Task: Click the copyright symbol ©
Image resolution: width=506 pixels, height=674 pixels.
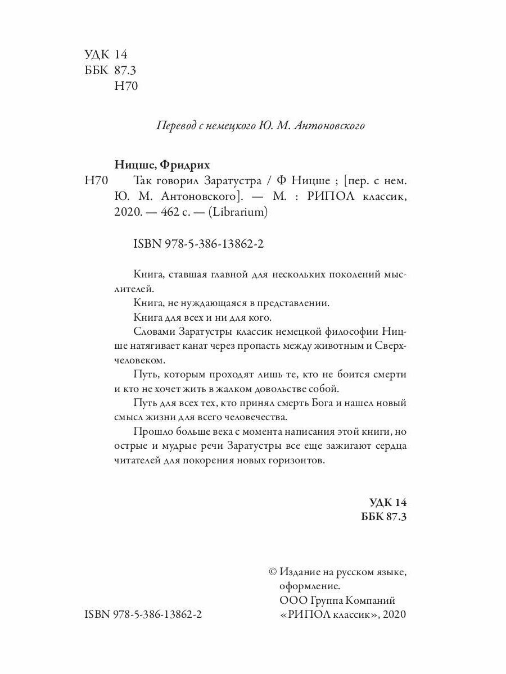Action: click(273, 571)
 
